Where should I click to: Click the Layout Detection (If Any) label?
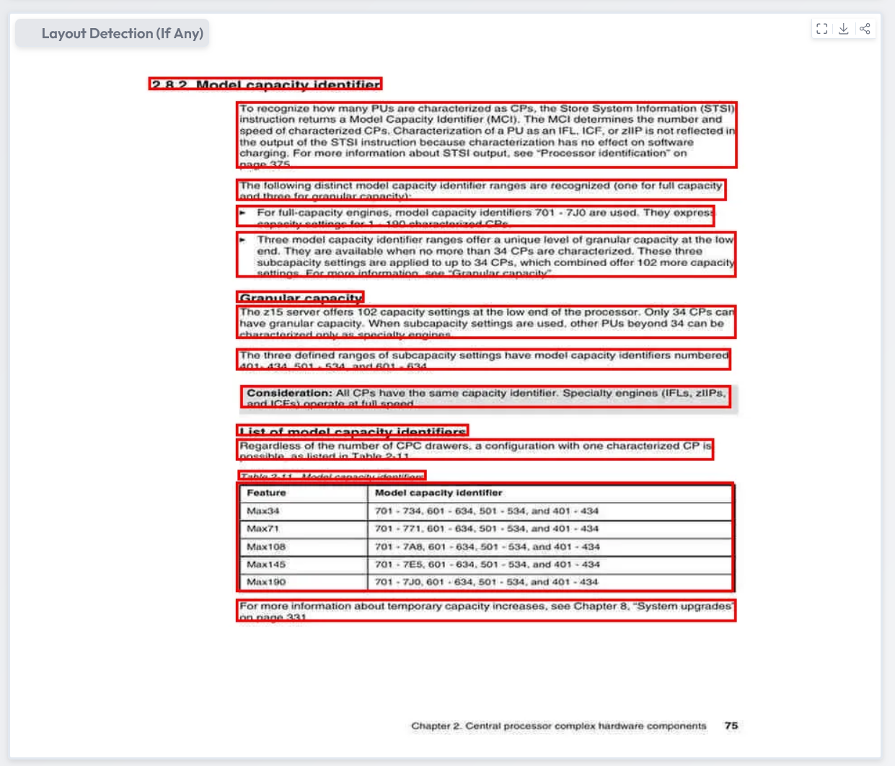pyautogui.click(x=122, y=34)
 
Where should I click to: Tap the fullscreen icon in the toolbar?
pyautogui.click(x=821, y=29)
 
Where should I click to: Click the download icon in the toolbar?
pyautogui.click(x=843, y=29)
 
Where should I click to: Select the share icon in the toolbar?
pyautogui.click(x=865, y=29)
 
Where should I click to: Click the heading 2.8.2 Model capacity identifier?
pyautogui.click(x=265, y=84)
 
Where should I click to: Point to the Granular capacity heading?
pyautogui.click(x=301, y=297)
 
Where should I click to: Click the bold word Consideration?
pyautogui.click(x=289, y=393)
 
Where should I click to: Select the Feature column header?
pyautogui.click(x=266, y=493)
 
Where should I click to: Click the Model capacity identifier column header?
pyautogui.click(x=438, y=493)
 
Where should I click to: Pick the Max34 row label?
pyautogui.click(x=263, y=511)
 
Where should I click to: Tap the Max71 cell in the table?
pyautogui.click(x=263, y=529)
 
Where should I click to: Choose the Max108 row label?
pyautogui.click(x=266, y=547)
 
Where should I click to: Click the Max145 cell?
pyautogui.click(x=266, y=564)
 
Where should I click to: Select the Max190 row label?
pyautogui.click(x=266, y=582)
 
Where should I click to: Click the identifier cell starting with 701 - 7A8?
pyautogui.click(x=488, y=547)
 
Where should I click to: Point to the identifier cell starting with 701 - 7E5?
pyautogui.click(x=488, y=564)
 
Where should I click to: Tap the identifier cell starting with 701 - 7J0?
pyautogui.click(x=487, y=582)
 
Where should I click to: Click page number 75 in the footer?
pyautogui.click(x=731, y=726)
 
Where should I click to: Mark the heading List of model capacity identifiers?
pyautogui.click(x=353, y=431)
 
